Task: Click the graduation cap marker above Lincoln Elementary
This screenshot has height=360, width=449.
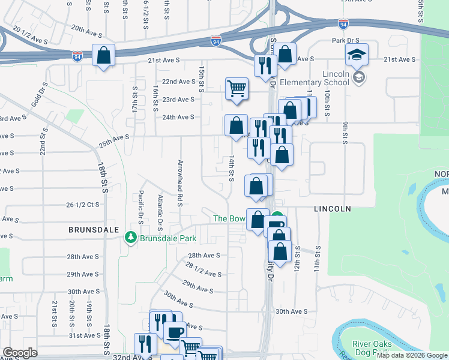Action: (357, 55)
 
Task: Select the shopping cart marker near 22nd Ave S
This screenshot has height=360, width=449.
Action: (237, 88)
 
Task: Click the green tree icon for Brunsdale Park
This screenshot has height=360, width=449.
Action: (131, 238)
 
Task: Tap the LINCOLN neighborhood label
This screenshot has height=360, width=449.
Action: (332, 209)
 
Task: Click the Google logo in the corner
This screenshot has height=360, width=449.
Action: (20, 353)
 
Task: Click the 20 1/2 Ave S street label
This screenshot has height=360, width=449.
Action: (30, 35)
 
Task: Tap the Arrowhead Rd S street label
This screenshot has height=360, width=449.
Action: (179, 182)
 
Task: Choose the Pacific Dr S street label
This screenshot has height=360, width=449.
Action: (140, 207)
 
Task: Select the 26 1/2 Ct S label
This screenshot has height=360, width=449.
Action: (83, 205)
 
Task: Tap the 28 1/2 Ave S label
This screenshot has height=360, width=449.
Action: (204, 269)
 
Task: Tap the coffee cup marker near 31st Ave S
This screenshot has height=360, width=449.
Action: (174, 332)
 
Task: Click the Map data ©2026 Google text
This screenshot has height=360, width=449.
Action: (412, 355)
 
